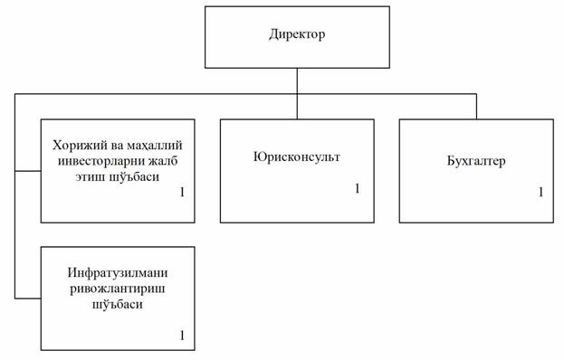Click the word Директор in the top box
click(x=297, y=34)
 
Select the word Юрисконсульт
click(x=297, y=157)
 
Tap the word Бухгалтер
click(x=476, y=161)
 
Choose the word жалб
click(x=161, y=161)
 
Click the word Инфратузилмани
click(x=118, y=272)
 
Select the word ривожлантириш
click(x=118, y=289)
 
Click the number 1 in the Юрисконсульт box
click(x=358, y=188)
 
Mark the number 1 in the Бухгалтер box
click(x=540, y=193)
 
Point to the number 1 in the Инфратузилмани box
click(x=182, y=336)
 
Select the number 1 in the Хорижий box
click(x=182, y=193)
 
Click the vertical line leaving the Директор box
click(x=297, y=93)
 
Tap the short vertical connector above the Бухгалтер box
click(x=476, y=107)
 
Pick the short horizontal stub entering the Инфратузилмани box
click(x=28, y=298)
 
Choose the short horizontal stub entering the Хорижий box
click(x=28, y=171)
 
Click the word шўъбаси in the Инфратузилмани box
click(x=118, y=305)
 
